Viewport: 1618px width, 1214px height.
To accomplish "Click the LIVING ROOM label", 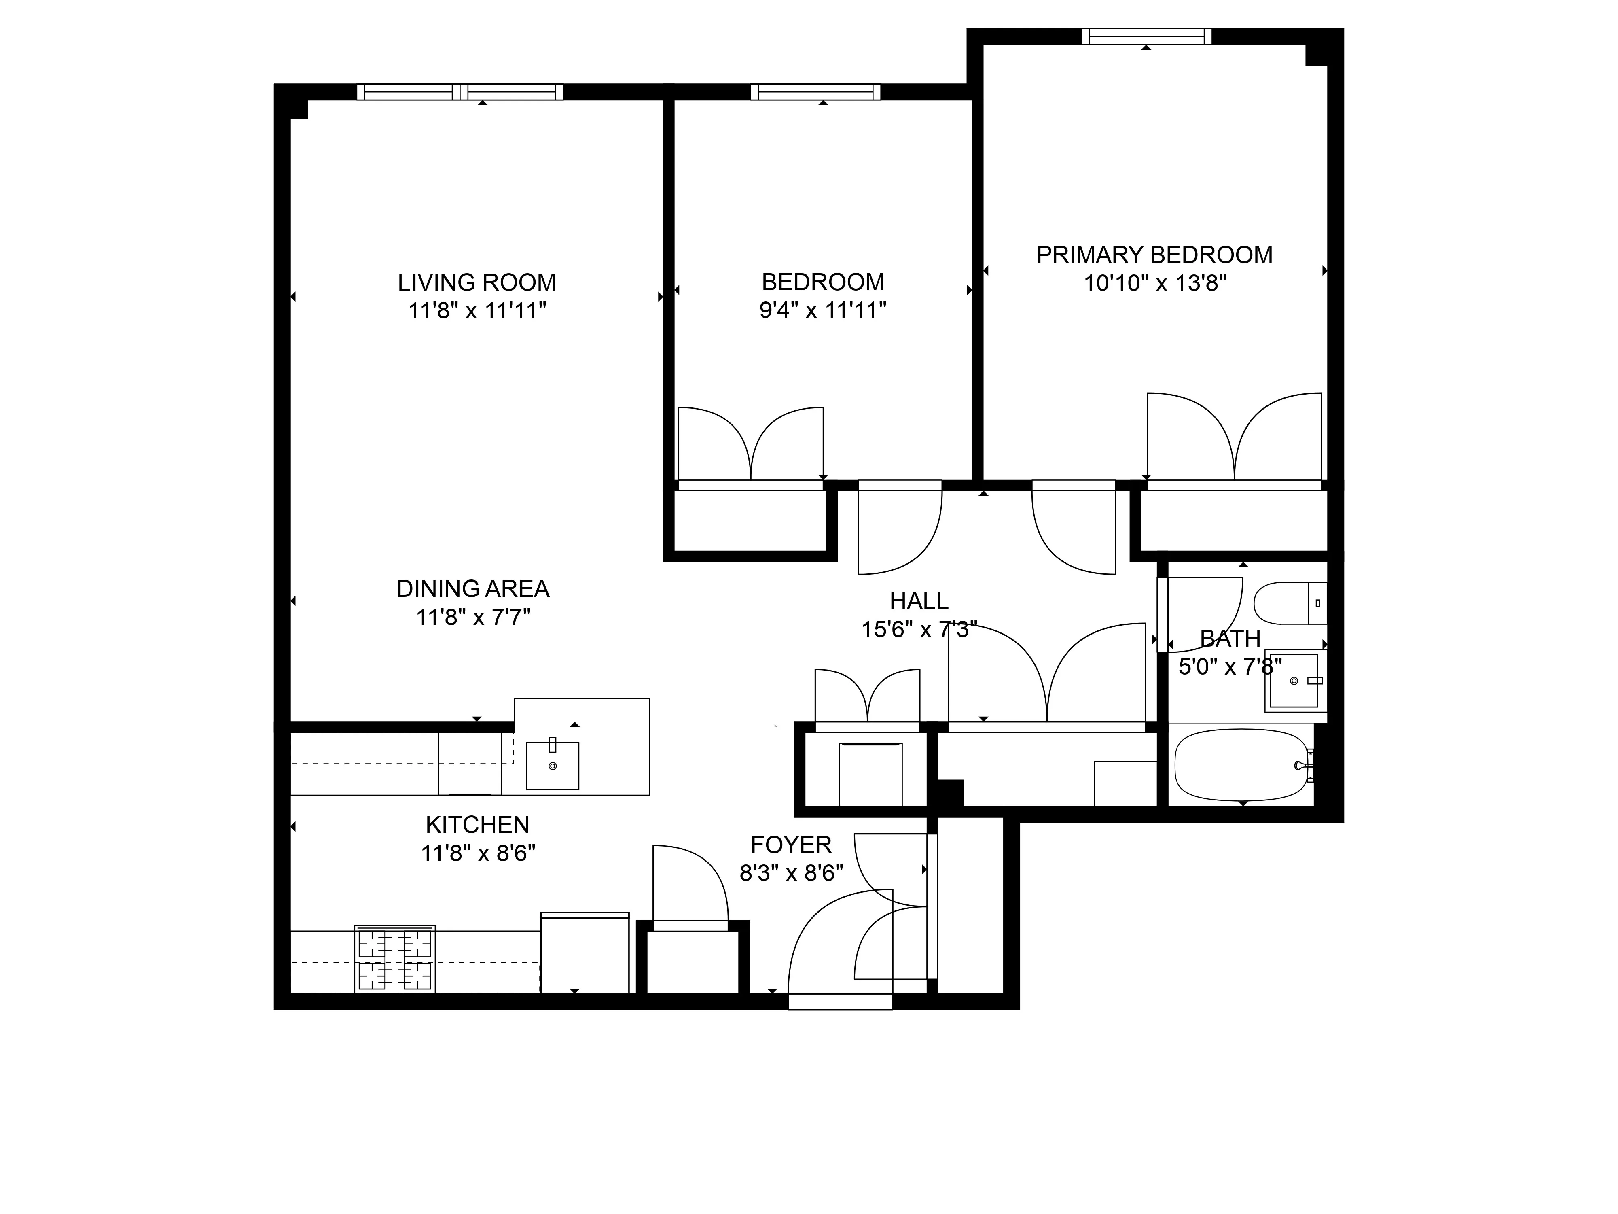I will tap(477, 282).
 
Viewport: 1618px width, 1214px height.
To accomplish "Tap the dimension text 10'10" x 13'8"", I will tap(1155, 283).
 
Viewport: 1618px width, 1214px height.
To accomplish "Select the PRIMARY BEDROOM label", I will tap(1154, 255).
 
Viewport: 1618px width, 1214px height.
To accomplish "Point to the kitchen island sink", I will tap(552, 766).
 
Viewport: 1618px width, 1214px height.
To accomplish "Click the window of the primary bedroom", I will tap(1146, 36).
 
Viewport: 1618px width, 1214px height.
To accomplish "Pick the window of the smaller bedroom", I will tap(815, 92).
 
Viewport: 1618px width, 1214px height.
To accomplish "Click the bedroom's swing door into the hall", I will tap(896, 531).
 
